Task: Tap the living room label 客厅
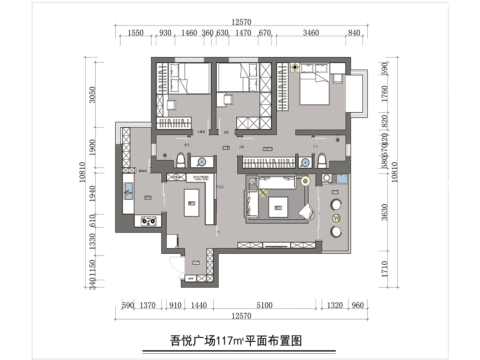click(x=278, y=207)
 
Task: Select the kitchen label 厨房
click(x=148, y=197)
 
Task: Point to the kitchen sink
click(x=128, y=191)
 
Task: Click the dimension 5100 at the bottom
click(x=264, y=305)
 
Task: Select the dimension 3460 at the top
click(x=311, y=33)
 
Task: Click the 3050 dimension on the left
click(x=92, y=95)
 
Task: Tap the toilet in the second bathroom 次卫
click(x=181, y=160)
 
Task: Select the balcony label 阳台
click(x=335, y=192)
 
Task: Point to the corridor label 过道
click(x=226, y=148)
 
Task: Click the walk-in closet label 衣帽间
click(x=267, y=148)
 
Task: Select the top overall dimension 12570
click(x=241, y=22)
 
